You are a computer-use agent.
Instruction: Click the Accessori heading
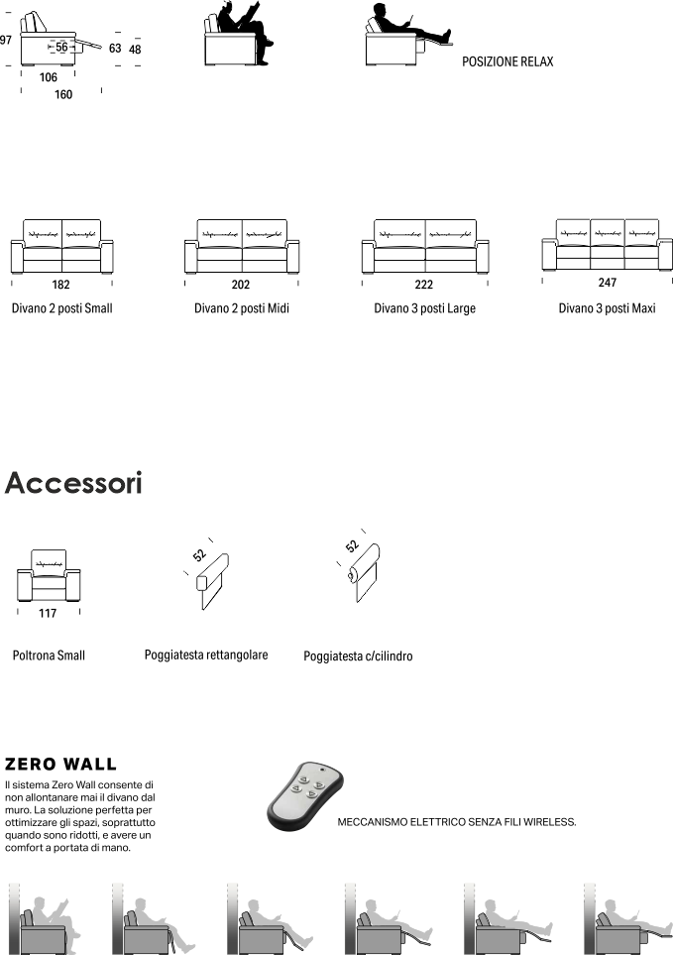click(73, 484)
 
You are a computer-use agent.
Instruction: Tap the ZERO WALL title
click(60, 765)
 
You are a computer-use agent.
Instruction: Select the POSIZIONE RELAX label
click(507, 61)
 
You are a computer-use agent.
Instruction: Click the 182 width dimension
click(61, 285)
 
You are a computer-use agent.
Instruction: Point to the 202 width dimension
click(240, 285)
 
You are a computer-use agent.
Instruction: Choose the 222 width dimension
click(424, 285)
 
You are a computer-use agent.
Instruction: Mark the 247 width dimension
click(607, 283)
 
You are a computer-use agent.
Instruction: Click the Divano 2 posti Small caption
click(61, 308)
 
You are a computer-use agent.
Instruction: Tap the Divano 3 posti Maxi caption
click(607, 308)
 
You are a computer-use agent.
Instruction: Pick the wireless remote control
click(303, 796)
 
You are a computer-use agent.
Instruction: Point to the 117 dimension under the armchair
click(47, 613)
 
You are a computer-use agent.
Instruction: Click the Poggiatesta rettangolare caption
click(205, 656)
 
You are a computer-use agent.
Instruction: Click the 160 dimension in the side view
click(63, 95)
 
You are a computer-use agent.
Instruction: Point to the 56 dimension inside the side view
click(61, 47)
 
